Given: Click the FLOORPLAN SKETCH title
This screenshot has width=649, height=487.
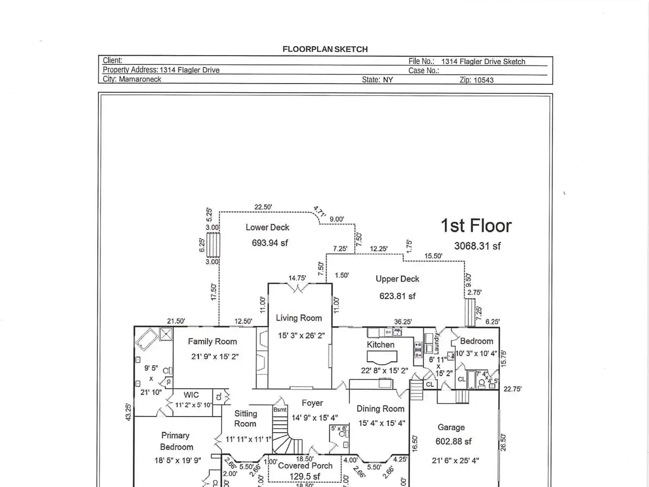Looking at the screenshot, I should [325, 49].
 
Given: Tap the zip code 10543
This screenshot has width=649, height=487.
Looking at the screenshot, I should [484, 80].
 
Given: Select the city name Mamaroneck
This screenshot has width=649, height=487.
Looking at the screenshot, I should [140, 80].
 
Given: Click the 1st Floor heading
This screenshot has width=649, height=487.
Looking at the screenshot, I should [476, 226].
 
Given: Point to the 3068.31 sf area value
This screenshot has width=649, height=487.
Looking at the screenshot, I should [477, 246].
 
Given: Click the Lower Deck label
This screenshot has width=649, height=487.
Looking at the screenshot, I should [267, 227].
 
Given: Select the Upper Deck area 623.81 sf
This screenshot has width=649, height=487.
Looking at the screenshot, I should [398, 296].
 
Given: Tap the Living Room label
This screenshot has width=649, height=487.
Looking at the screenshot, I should [299, 318].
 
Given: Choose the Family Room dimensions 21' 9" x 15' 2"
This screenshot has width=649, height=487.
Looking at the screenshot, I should [214, 357].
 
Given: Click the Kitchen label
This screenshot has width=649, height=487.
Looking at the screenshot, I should [380, 345].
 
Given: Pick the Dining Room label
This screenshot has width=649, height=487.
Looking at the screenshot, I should [380, 409].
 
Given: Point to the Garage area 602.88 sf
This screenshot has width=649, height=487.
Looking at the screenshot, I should [453, 441].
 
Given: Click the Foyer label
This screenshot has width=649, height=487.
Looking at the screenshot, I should [312, 403].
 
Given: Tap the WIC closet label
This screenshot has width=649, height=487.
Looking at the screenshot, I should [191, 395].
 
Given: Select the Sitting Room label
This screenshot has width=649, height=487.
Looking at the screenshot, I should [245, 419].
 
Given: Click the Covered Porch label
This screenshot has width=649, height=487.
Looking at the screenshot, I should [305, 466].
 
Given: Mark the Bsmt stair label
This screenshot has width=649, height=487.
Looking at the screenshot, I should [280, 410].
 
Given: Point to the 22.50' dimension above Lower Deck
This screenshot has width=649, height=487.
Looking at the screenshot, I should [263, 207].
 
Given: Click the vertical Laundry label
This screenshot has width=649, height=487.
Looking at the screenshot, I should [437, 343].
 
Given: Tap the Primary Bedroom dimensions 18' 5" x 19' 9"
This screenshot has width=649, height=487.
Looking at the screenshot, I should [177, 461].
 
